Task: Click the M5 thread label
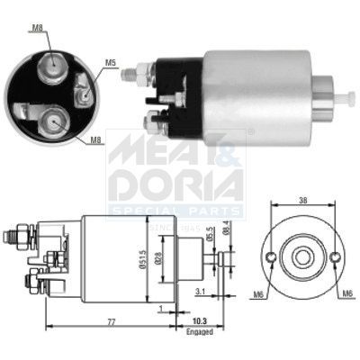pos(111,63)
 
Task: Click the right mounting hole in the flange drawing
pos(334,261)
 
